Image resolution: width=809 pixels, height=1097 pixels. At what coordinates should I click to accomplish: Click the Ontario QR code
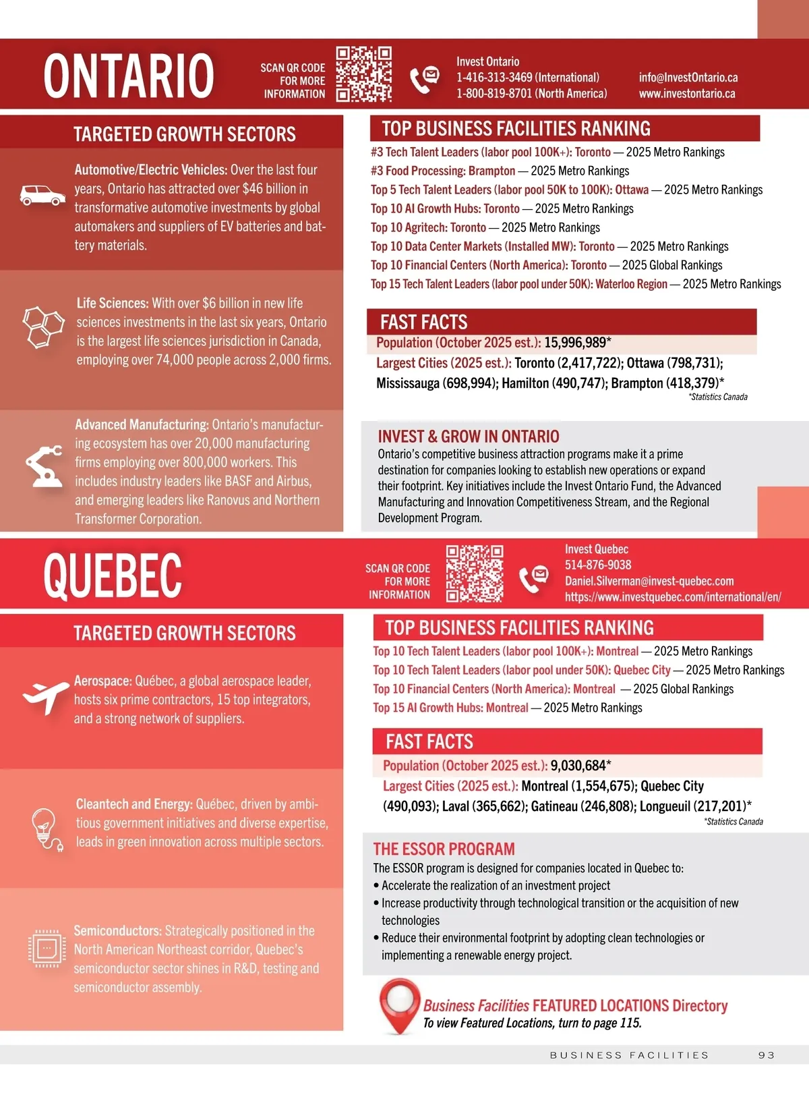(x=364, y=74)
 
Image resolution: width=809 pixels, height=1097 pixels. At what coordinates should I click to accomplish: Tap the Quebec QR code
(x=475, y=573)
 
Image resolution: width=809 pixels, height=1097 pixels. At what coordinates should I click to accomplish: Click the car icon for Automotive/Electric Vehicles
(x=42, y=195)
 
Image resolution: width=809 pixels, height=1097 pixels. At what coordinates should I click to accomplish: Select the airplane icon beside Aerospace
(x=45, y=696)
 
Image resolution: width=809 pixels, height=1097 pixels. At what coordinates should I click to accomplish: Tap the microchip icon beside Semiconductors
(x=47, y=948)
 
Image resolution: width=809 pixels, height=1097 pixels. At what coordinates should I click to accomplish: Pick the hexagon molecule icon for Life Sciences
(x=43, y=326)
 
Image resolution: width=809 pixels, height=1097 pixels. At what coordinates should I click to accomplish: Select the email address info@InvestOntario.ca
(x=688, y=78)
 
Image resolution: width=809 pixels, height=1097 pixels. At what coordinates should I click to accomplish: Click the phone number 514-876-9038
(x=598, y=565)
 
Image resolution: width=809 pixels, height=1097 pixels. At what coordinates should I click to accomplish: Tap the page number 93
(x=767, y=1055)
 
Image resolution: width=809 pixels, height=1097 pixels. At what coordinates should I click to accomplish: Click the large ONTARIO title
(x=129, y=76)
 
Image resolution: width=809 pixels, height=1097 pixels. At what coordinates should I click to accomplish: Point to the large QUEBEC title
(x=113, y=575)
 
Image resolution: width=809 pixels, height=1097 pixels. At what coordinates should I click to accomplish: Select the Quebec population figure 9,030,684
(x=578, y=766)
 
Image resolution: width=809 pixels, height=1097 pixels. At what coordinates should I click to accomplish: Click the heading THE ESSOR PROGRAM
(x=444, y=849)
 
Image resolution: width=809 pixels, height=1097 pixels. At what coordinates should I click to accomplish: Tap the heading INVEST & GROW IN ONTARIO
(x=469, y=437)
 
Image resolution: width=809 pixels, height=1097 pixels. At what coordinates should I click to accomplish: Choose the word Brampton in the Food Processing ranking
(x=491, y=171)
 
